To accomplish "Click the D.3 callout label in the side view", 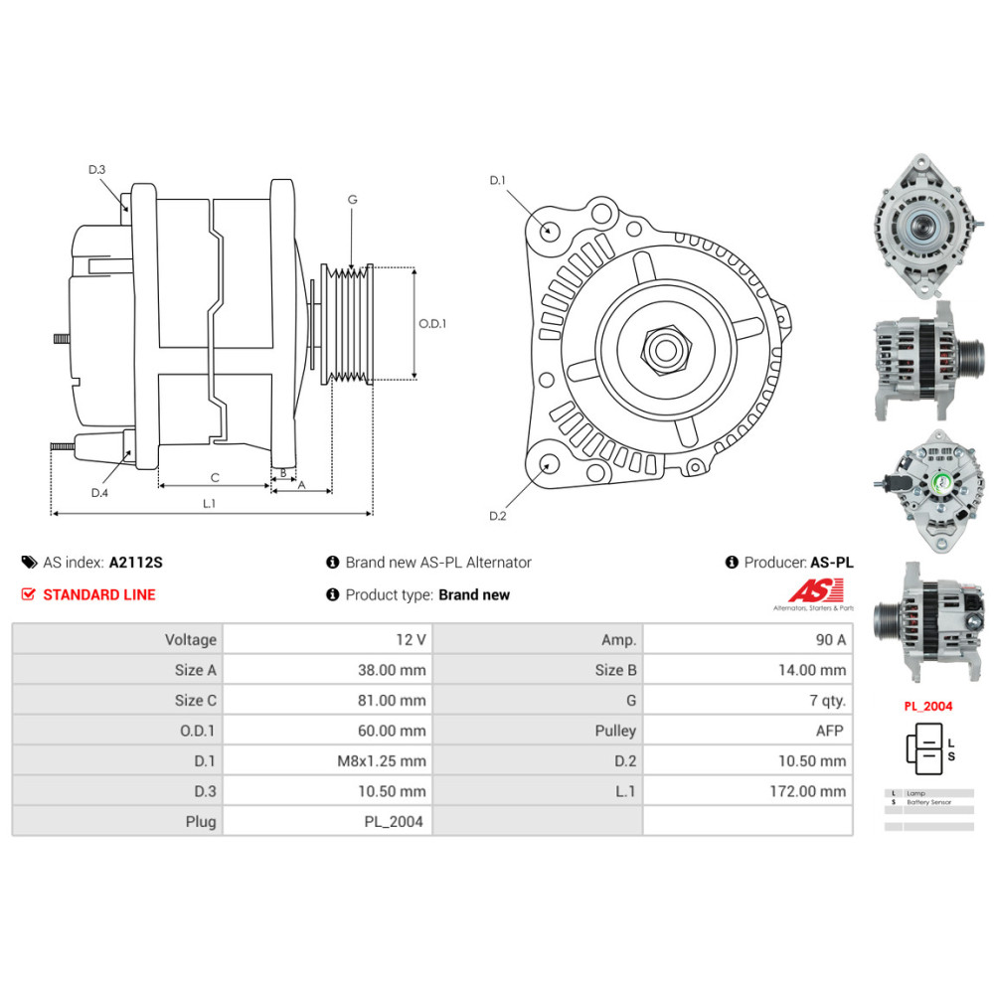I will click(x=96, y=170).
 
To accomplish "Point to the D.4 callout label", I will click(x=99, y=493).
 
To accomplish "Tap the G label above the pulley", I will click(x=352, y=200).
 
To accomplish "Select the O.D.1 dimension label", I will click(x=432, y=323).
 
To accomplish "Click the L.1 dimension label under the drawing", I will click(x=209, y=503).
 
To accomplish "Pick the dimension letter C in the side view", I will click(x=215, y=477).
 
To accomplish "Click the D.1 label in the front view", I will click(x=498, y=180).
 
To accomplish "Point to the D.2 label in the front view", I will click(x=498, y=515).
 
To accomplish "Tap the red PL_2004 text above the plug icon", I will click(x=928, y=707).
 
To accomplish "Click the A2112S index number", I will click(x=136, y=563).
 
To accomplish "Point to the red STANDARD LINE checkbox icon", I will click(x=28, y=594).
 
